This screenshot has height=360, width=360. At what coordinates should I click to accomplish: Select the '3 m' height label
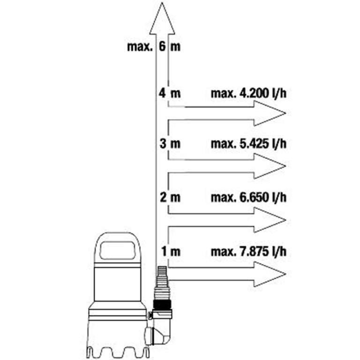point(169,144)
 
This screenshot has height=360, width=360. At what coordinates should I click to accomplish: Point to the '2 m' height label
point(169,197)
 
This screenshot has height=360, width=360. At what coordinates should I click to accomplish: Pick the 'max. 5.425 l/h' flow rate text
point(248,144)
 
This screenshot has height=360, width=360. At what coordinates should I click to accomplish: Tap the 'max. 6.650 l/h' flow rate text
point(248,197)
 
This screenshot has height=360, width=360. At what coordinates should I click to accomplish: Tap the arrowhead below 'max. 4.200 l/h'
point(270,113)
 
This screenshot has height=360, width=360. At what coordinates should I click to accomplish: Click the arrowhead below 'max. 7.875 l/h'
point(270,274)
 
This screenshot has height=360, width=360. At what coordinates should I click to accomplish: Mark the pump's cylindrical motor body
point(117,286)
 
